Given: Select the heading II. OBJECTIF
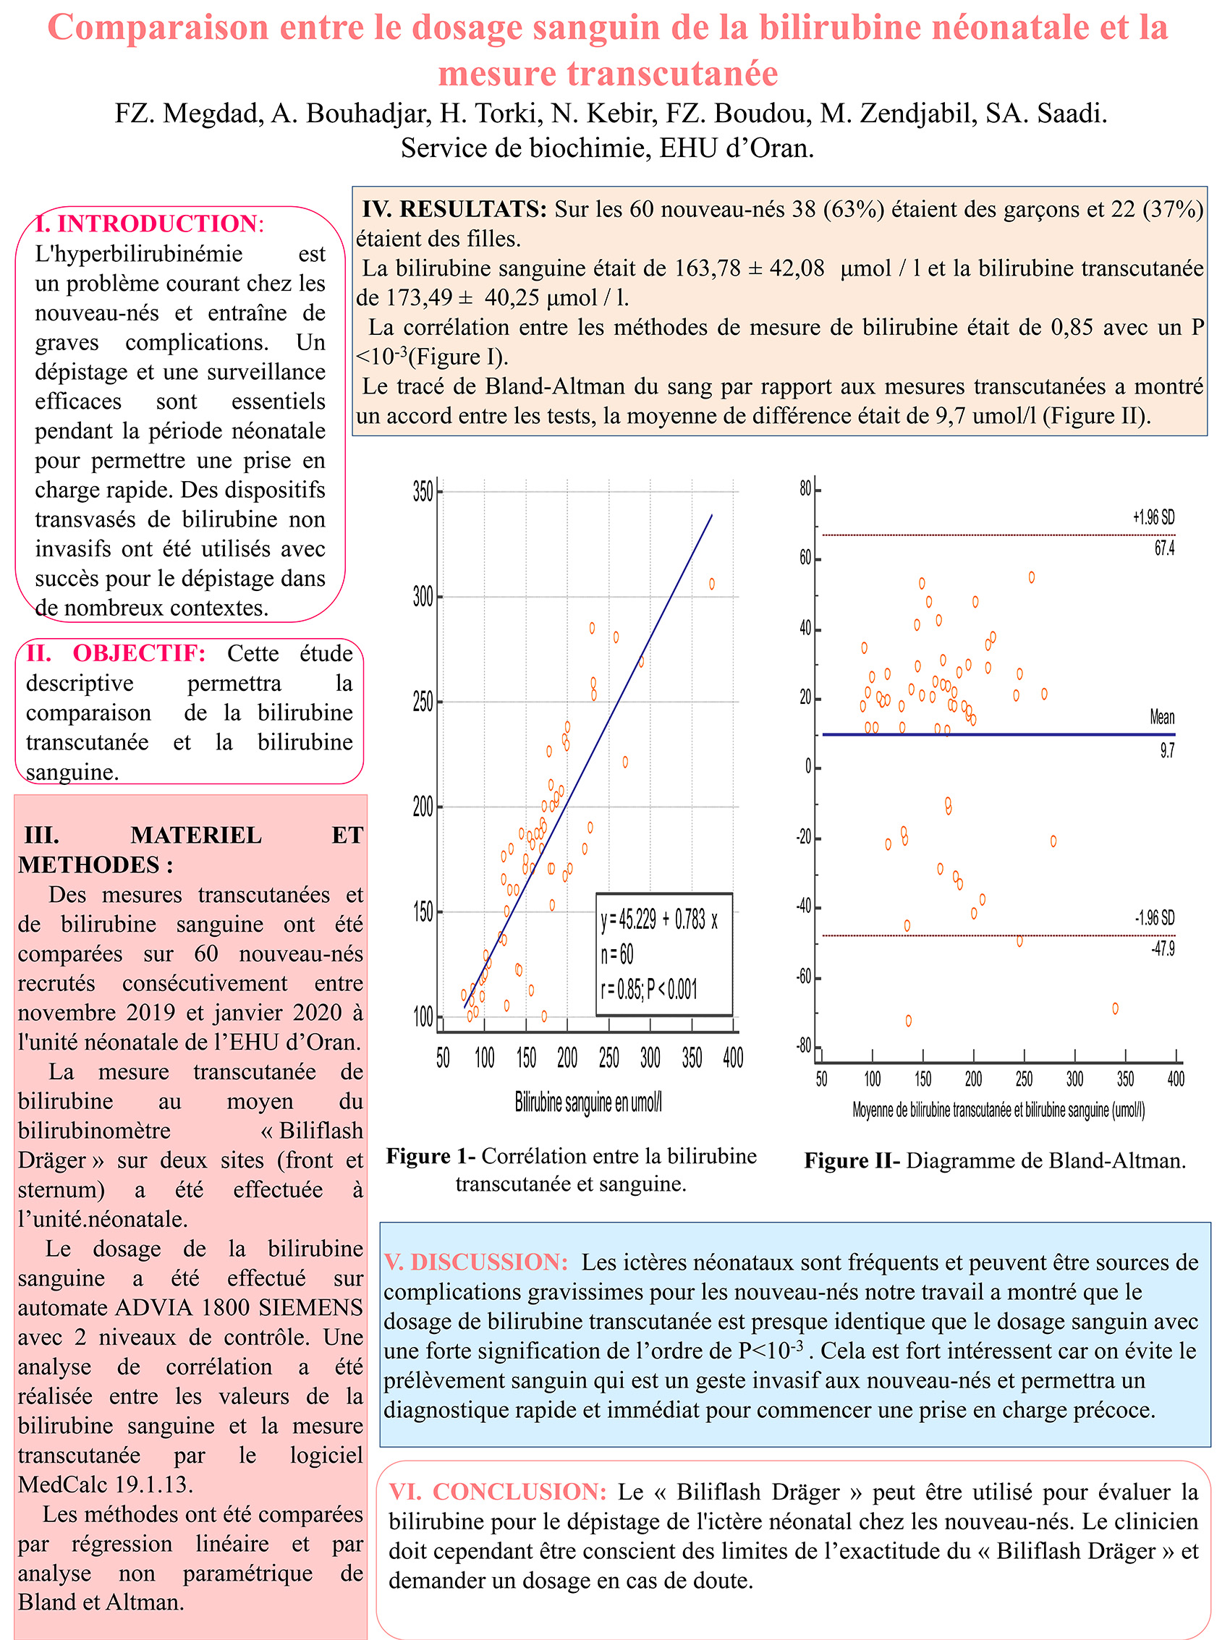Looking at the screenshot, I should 116,653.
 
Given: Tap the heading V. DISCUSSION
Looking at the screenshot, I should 476,1262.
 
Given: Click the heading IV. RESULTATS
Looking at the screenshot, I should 454,209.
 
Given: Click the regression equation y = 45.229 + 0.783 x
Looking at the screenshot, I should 659,920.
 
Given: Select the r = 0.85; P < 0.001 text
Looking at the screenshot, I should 649,989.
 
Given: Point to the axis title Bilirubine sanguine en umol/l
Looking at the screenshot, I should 588,1102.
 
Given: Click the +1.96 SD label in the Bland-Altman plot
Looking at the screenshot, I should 1153,517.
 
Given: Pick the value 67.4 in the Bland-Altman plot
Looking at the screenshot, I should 1164,548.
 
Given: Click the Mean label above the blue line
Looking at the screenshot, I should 1162,717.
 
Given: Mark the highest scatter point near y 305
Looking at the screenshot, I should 712,584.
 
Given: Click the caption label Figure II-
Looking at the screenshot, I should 852,1160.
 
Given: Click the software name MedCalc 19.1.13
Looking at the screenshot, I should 106,1484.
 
